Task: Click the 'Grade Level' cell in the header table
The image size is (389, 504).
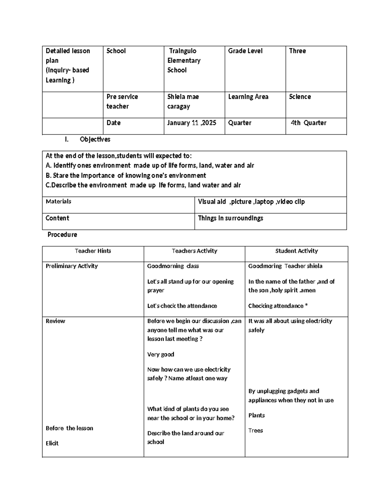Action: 245,51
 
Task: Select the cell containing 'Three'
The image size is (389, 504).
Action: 297,51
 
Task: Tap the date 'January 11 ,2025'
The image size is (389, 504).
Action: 192,123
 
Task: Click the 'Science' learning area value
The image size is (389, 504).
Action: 300,97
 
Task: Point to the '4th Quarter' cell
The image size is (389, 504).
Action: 308,123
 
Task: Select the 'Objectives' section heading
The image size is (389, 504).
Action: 95,139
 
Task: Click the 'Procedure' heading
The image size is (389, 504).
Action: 62,234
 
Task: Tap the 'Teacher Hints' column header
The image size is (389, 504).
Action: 93,251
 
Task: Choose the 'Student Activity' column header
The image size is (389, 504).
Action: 296,251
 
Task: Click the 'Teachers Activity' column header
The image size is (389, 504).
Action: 194,251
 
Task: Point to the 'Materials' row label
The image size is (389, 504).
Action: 58,202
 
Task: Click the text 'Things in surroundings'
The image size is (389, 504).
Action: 230,218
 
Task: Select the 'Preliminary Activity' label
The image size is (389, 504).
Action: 72,266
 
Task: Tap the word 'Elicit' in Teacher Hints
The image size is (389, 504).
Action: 52,443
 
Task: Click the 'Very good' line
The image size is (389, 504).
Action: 160,354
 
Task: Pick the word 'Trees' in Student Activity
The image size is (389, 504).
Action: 255,431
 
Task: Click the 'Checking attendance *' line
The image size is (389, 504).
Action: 278,306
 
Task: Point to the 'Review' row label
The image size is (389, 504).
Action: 55,321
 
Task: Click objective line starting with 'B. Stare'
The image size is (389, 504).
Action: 126,176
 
